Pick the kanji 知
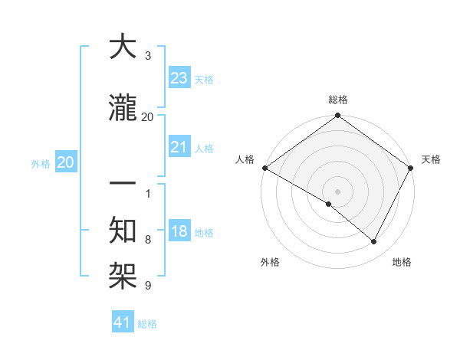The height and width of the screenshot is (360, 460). [123, 227]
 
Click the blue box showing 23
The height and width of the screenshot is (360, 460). [179, 77]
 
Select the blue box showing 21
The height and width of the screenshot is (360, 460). [179, 147]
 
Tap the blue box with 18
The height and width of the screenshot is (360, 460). [179, 231]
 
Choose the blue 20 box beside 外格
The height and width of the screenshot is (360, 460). [66, 162]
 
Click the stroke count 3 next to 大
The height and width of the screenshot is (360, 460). [147, 56]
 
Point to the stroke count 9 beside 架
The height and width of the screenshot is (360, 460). [147, 286]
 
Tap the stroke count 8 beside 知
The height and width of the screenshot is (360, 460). [147, 240]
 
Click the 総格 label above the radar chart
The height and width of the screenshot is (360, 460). [337, 100]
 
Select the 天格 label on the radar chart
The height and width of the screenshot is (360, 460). [431, 159]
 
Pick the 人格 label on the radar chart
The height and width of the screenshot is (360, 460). [245, 159]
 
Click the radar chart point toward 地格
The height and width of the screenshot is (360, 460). [374, 241]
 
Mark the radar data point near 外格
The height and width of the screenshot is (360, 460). [329, 204]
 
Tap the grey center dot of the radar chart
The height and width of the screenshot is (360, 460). [337, 191]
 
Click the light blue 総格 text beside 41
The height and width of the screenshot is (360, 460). [147, 324]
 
